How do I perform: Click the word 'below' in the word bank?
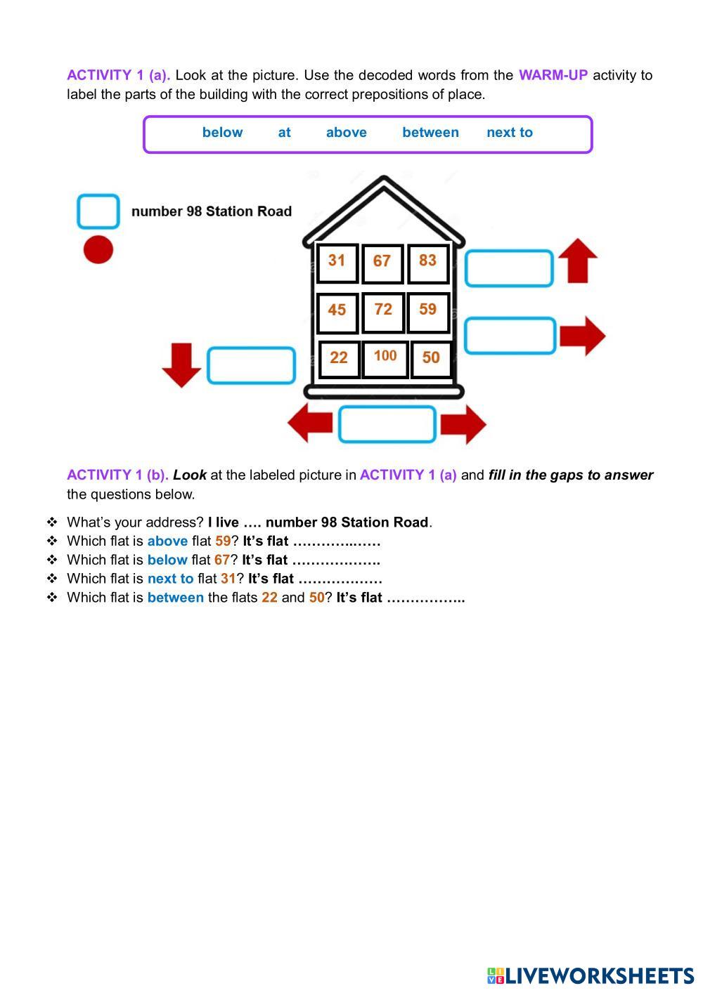point(222,133)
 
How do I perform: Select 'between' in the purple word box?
point(430,133)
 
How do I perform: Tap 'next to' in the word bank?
point(510,133)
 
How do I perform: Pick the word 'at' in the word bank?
point(284,133)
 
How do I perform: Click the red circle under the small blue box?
point(98,250)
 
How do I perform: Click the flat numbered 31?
point(337,262)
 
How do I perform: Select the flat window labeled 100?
point(385,357)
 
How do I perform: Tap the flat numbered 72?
point(383,311)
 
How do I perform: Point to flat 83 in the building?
point(427,262)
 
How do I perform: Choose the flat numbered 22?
point(339,358)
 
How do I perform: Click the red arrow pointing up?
point(578,261)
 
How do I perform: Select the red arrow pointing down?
point(181,364)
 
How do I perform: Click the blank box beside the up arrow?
point(509,268)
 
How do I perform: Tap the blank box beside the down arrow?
point(251,365)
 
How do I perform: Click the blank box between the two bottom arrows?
point(387,424)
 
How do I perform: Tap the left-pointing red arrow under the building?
point(310,423)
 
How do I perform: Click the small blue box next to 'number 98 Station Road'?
point(98,211)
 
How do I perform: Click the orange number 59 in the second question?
point(223,541)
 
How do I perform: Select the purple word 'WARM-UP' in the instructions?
point(553,75)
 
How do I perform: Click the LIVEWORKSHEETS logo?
point(591,976)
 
